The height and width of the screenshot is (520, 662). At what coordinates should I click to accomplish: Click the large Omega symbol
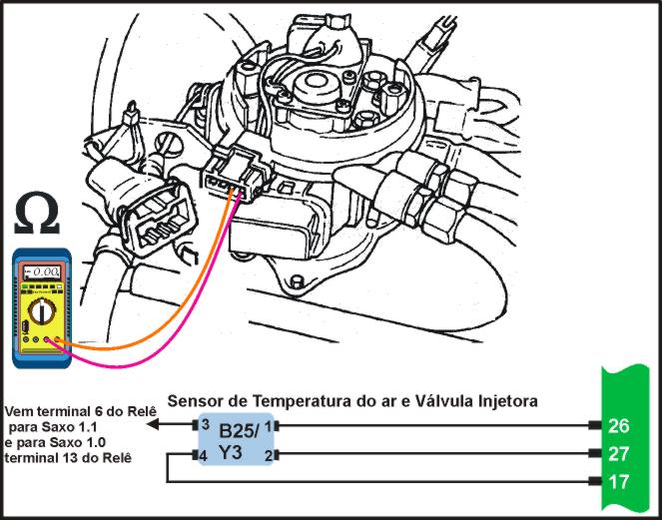(37, 214)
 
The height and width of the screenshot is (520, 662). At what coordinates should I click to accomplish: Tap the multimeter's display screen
(41, 272)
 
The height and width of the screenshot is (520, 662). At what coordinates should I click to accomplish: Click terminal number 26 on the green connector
(619, 426)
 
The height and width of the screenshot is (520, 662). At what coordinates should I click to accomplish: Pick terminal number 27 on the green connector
(619, 454)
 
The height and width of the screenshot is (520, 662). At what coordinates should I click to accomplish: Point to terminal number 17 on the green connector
(619, 482)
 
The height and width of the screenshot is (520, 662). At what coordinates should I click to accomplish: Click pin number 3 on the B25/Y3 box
(205, 424)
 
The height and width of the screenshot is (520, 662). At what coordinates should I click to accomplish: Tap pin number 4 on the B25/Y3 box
(203, 456)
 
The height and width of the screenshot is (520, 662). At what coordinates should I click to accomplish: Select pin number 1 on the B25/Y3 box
(268, 426)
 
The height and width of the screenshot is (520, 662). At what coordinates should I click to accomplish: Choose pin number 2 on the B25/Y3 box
(268, 456)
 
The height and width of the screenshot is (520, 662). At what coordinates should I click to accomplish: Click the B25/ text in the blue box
(239, 431)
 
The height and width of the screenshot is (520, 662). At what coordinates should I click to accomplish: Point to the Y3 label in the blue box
(231, 452)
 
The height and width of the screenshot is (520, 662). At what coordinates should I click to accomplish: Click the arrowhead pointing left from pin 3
(153, 424)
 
